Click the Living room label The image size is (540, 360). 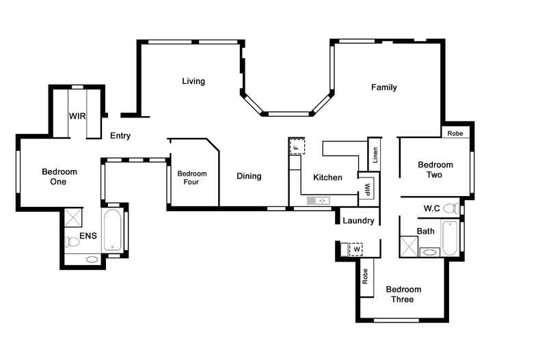coord(193,81)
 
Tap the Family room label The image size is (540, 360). coord(384,87)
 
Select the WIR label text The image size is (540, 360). coord(77,116)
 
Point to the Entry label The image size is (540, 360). coord(120,136)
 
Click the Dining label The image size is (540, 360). coord(249,176)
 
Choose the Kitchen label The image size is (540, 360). coord(327,178)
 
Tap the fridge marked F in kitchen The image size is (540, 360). coord(297,146)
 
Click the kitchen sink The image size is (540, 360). coord(319,200)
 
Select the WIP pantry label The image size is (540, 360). coord(368,190)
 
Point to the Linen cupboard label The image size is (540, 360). coord(375,155)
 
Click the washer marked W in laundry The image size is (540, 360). coord(356,249)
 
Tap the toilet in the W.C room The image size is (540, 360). coord(451,208)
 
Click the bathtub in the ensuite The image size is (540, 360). coord(113,230)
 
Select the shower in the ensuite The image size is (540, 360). coord(73,217)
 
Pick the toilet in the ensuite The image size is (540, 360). coord(72,242)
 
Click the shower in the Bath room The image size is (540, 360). coord(409,247)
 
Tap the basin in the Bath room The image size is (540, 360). coord(429,252)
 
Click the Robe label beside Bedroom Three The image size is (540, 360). coord(365,277)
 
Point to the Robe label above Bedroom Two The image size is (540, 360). coord(455,133)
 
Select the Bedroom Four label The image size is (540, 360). coord(192,178)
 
